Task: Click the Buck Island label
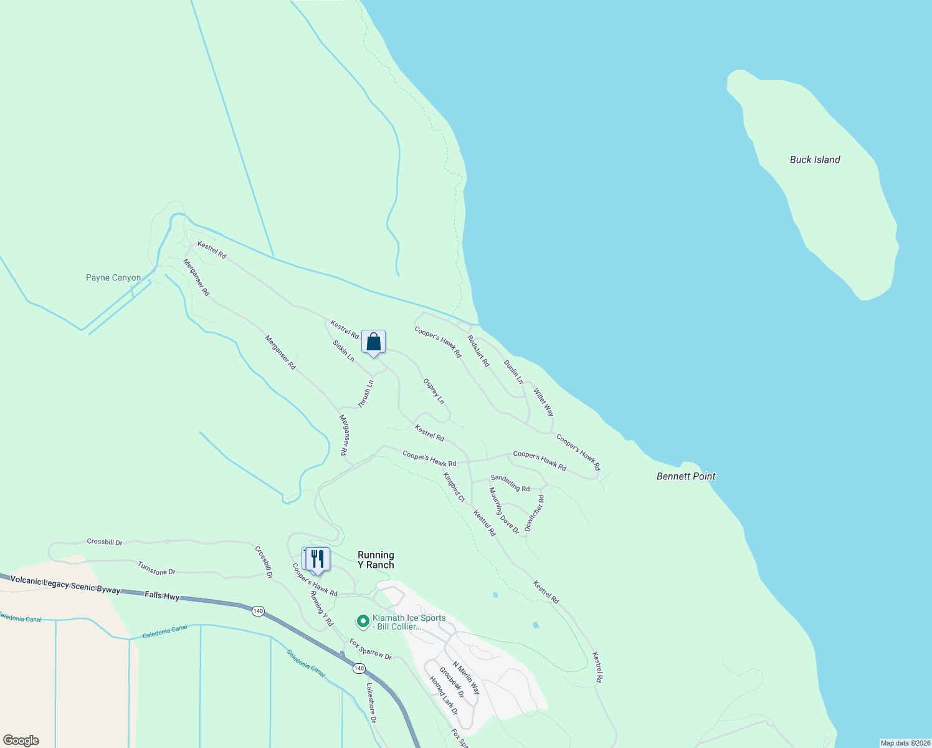[814, 160]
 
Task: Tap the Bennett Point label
[685, 476]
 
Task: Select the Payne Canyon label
[113, 278]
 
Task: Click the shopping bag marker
[373, 342]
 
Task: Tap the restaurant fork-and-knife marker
[318, 559]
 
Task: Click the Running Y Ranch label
[376, 560]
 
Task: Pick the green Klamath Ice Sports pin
[363, 621]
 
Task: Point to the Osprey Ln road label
[434, 391]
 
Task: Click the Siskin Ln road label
[343, 351]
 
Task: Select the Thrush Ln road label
[366, 395]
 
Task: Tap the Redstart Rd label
[478, 351]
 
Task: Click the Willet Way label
[543, 403]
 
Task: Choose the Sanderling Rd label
[510, 483]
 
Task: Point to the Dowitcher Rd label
[535, 514]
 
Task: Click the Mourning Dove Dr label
[503, 511]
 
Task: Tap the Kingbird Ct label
[454, 487]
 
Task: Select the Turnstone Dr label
[156, 568]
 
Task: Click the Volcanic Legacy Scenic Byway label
[65, 585]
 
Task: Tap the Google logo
[21, 741]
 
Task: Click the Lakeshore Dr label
[371, 703]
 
